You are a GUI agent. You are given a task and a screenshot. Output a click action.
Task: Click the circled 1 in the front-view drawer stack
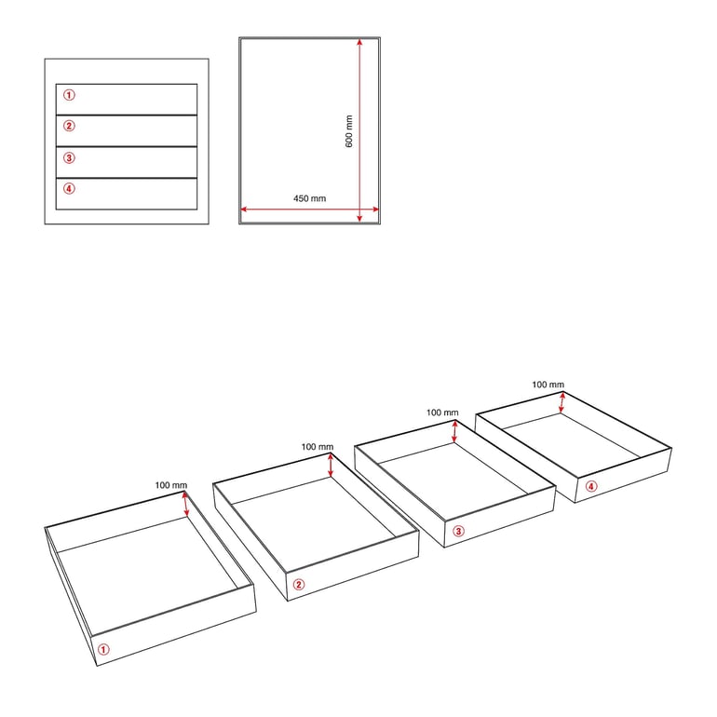tap(69, 95)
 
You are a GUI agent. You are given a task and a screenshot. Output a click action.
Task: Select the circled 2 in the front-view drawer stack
tap(69, 126)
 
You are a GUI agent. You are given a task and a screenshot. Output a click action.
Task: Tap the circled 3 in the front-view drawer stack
tap(69, 157)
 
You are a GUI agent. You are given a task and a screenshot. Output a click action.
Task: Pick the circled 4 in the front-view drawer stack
tap(69, 188)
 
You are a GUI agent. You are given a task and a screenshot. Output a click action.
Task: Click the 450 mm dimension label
tap(309, 198)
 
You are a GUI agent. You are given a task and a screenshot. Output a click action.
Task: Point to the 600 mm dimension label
tap(349, 131)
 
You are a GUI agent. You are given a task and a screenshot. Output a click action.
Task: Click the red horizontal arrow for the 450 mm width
tap(309, 210)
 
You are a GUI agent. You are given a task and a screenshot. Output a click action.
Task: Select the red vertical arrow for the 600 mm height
tap(359, 130)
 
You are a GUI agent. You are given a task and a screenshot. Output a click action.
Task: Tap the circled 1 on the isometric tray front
tap(103, 649)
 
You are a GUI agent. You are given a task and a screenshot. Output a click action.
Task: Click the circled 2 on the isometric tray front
tap(299, 585)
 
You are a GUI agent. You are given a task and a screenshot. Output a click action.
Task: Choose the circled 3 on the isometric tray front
tap(458, 531)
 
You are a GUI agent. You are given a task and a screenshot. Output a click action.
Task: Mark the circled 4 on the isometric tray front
tap(591, 486)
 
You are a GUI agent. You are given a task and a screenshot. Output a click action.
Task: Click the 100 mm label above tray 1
tap(171, 485)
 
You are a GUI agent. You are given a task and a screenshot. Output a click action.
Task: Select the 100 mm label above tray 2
tap(318, 447)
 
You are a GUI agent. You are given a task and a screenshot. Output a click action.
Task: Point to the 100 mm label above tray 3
tap(442, 413)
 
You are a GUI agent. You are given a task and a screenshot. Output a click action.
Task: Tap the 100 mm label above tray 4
tap(548, 385)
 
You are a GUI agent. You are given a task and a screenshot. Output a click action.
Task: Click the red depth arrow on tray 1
tap(185, 504)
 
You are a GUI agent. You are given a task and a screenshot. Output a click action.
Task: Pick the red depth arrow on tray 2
tap(331, 465)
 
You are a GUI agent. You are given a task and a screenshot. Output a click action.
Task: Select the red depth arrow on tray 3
tap(454, 432)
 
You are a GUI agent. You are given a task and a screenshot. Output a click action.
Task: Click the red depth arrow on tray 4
tap(562, 403)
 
